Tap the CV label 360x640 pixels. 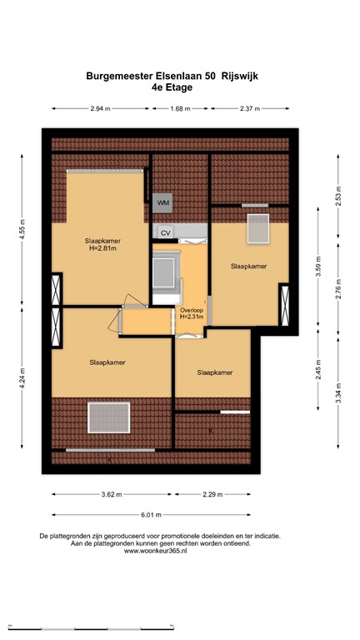165,232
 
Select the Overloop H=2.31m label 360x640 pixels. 192,314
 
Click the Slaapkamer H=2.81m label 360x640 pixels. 102,243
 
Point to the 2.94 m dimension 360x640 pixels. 101,108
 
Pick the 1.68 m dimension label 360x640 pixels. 179,108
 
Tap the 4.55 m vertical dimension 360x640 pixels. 22,227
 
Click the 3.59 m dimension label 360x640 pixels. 317,272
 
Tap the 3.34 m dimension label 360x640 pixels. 339,389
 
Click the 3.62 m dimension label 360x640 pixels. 109,494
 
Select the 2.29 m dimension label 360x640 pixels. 213,494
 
